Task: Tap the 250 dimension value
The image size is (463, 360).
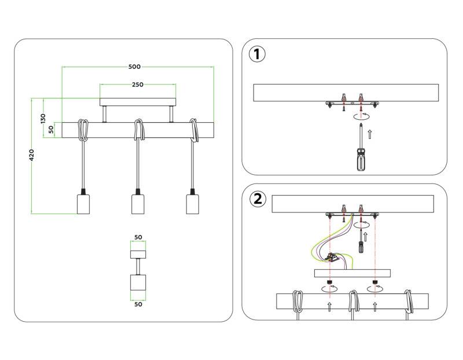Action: pos(137,85)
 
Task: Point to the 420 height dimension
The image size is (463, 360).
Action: pos(32,155)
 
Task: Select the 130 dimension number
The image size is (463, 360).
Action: pos(42,117)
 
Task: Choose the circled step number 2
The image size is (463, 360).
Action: pos(258,199)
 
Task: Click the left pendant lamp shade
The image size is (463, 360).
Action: pos(84,204)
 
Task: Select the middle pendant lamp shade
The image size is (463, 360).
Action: pos(138,204)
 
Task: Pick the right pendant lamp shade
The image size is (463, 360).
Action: pos(192,204)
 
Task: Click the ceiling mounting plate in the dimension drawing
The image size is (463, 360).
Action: pos(138,102)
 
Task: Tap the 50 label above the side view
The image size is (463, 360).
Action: pos(138,237)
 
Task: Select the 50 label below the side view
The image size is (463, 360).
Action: pos(138,304)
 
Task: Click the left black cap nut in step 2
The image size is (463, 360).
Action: pos(330,285)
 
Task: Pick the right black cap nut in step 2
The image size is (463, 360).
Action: pos(376,285)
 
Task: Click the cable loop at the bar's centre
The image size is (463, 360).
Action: pos(138,130)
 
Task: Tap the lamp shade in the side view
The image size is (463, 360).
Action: pos(138,284)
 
